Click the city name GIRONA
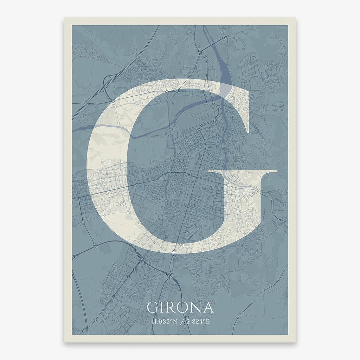[180, 307]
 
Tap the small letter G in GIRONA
[152, 307]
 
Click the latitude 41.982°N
[162, 321]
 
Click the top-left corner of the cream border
[64, 18]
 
